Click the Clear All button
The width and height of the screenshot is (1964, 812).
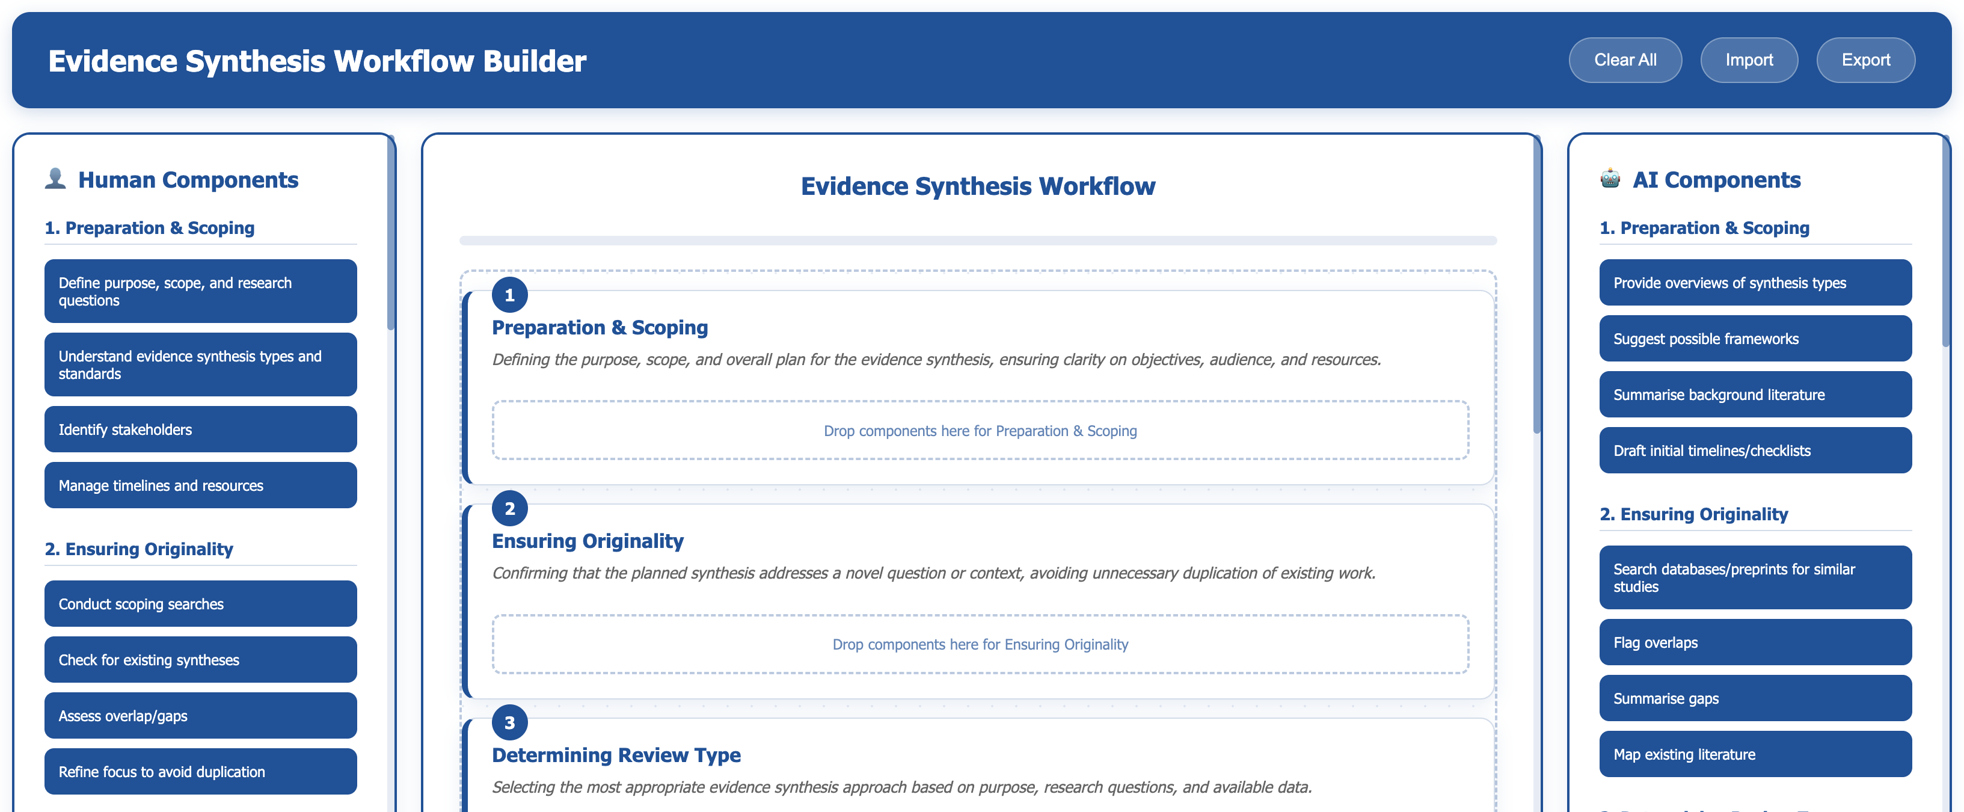coord(1625,60)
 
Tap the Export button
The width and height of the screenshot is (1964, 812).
coord(1865,60)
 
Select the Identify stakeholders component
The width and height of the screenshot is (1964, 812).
coord(200,429)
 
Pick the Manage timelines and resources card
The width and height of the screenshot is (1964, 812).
coord(200,485)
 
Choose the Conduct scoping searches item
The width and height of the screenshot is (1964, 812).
coord(200,604)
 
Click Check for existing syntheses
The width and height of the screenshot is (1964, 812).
coord(200,659)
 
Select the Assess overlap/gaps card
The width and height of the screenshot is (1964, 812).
coord(200,715)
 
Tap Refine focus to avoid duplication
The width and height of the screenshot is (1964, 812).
coord(200,772)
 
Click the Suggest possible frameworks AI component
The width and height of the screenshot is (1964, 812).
coord(1755,339)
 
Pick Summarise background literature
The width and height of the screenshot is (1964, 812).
coord(1755,394)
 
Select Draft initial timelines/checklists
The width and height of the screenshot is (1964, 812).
coord(1755,450)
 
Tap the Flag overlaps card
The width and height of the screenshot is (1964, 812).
coord(1755,642)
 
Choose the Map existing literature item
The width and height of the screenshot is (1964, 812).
coord(1755,754)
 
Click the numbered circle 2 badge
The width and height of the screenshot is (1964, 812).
coord(510,508)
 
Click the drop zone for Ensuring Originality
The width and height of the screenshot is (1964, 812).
coord(980,644)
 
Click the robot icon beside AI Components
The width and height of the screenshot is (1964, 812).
coord(1610,179)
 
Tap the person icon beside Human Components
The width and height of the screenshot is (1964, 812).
coord(55,179)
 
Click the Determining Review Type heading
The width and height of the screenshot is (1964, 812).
coord(616,755)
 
